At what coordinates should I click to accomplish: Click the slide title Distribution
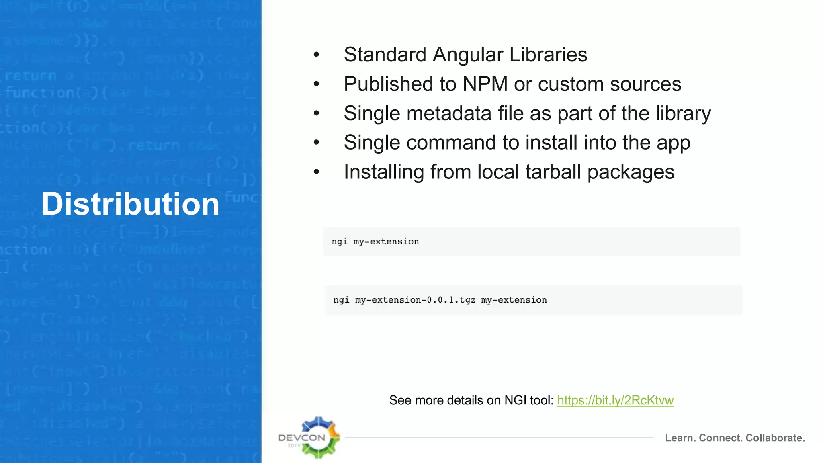click(x=131, y=204)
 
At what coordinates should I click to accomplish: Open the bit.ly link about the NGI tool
click(x=615, y=400)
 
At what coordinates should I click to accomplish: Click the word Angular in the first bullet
click(x=468, y=55)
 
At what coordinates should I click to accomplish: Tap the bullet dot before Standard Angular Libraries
click(x=317, y=55)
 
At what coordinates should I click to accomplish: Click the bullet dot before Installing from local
click(x=317, y=172)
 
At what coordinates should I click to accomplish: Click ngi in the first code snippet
click(x=339, y=242)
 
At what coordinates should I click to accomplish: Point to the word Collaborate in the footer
click(x=775, y=438)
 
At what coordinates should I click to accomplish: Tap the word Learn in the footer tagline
click(x=680, y=438)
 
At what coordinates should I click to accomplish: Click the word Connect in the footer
click(x=721, y=438)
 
